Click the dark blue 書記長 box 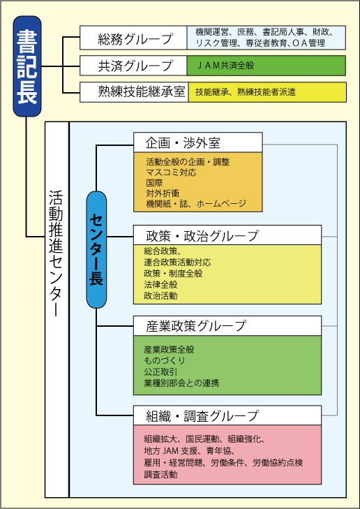click(27, 66)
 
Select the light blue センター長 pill click(96, 250)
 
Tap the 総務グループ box click(133, 38)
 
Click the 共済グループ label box click(133, 66)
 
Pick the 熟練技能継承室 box click(134, 92)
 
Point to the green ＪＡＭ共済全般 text click(225, 66)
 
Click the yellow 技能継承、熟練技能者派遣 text click(245, 92)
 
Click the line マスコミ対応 click(171, 172)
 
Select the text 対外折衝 click(163, 193)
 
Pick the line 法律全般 click(161, 285)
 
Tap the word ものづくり click(165, 361)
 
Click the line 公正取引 click(161, 371)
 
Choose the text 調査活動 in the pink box click(161, 475)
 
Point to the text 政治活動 click(161, 296)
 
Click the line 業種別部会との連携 click(181, 383)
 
